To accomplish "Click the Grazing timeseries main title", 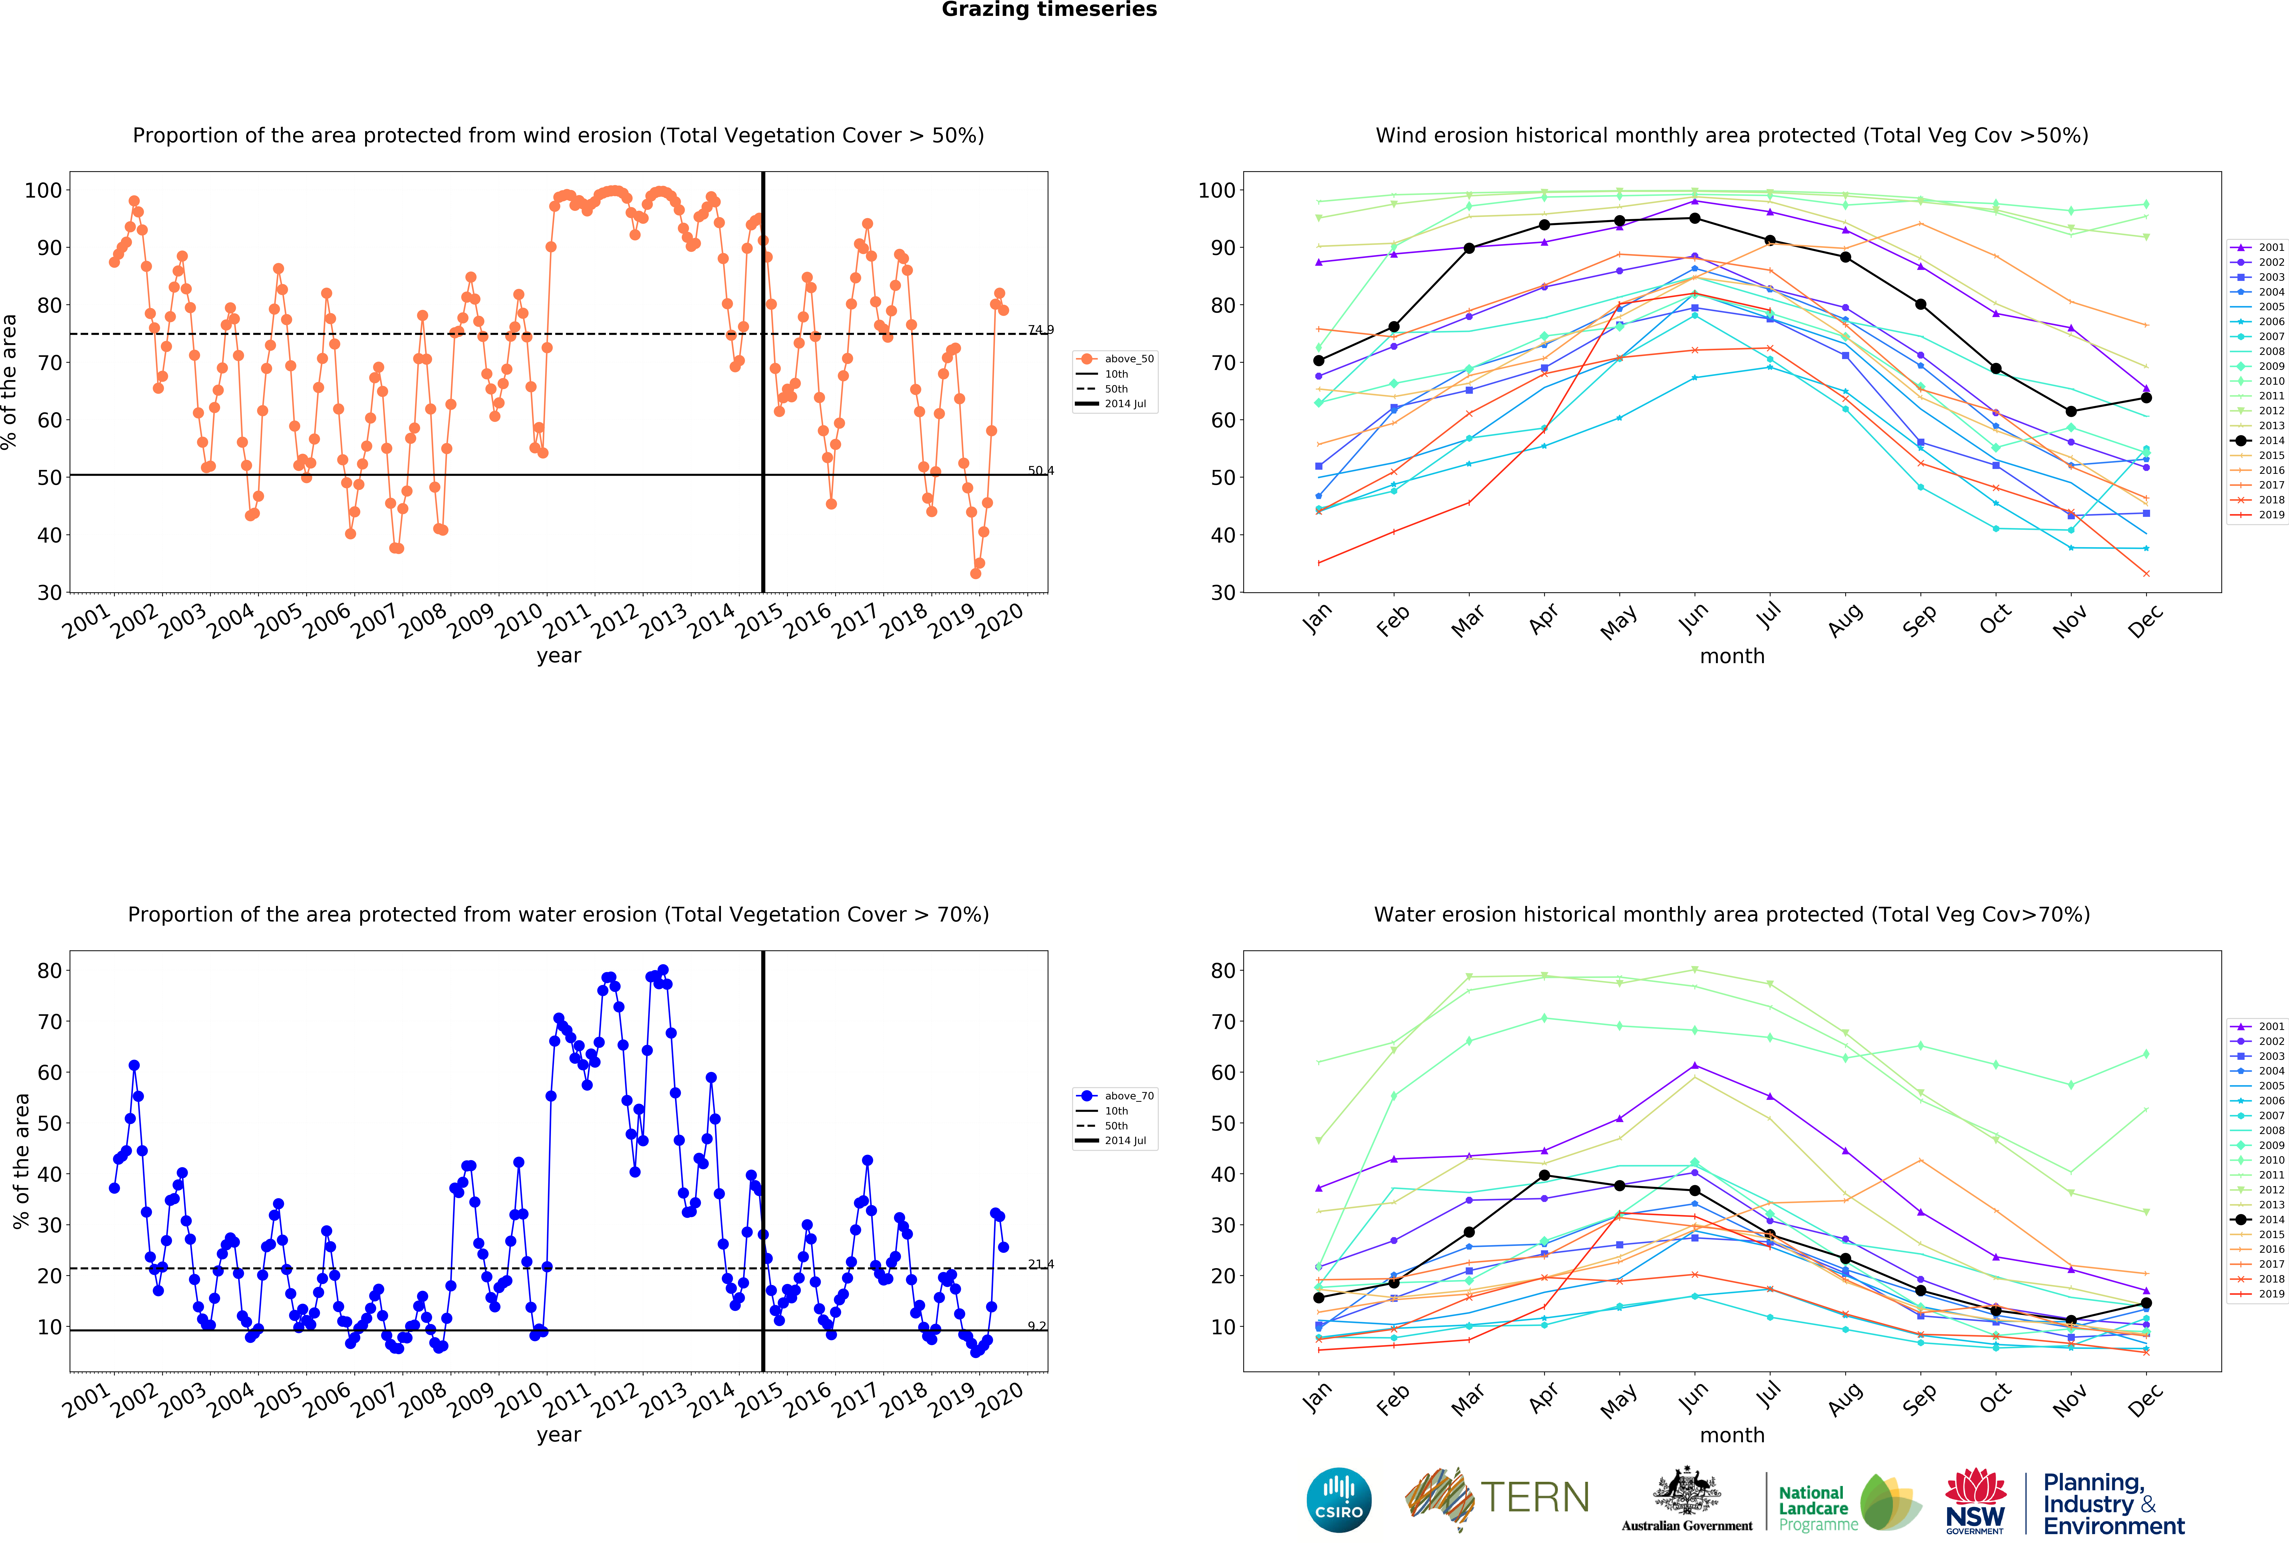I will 1049,10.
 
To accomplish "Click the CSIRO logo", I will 1339,1500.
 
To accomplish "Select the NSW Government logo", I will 1975,1502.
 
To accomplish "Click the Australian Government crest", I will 1687,1499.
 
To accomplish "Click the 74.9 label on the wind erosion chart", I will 1040,330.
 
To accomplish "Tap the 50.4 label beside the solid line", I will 1040,471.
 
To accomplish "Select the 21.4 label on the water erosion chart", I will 1040,1263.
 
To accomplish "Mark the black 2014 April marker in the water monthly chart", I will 1543,1175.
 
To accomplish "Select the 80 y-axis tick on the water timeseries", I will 49,970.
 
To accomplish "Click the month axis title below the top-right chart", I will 1731,656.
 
